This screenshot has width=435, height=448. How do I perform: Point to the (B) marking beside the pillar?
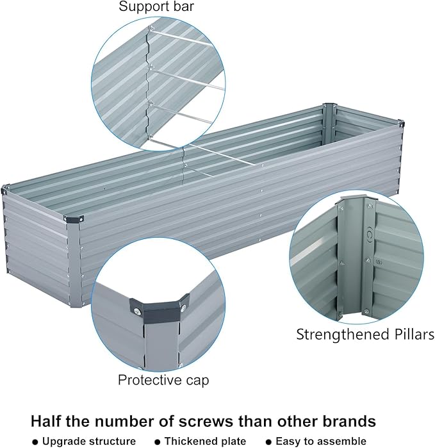[380, 261]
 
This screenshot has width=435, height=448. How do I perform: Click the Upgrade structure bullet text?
[89, 441]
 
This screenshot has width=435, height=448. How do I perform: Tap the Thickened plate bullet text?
[205, 441]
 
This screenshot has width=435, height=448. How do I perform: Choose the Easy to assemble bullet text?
[321, 441]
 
